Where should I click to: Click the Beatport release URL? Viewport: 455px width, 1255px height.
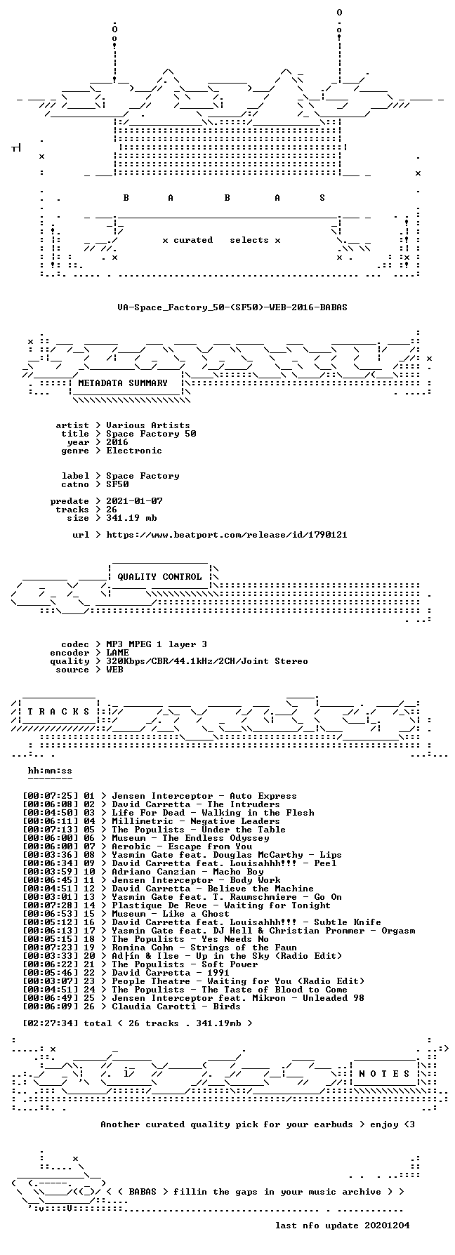coord(227,535)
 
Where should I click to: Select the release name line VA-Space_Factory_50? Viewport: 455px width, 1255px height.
coord(232,307)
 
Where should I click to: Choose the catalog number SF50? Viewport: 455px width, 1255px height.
coord(117,484)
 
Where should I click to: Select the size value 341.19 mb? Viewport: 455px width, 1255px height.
coord(131,518)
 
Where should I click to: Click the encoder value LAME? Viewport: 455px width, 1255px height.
coord(117,653)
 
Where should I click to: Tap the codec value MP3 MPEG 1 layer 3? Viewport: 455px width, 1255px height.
coord(157,644)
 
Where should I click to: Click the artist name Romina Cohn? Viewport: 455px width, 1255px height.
coord(143,948)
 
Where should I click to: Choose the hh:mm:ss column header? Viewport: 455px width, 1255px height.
coord(50,771)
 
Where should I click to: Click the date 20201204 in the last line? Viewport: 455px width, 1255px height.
coord(387,1226)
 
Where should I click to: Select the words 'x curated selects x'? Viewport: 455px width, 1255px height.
coord(221,240)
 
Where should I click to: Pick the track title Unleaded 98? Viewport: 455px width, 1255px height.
coord(334,998)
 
